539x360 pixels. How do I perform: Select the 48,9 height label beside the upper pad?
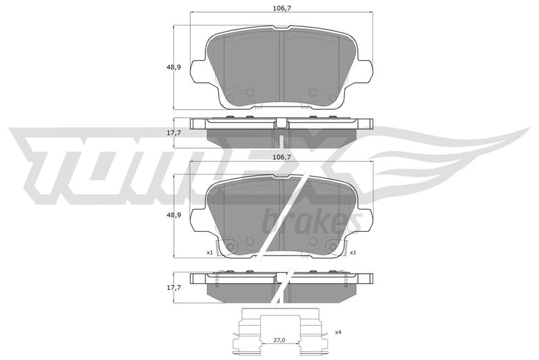(174, 67)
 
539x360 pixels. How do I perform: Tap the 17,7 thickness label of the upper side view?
(174, 132)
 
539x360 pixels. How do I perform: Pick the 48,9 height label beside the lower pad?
(174, 215)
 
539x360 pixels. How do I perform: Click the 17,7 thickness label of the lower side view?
(174, 287)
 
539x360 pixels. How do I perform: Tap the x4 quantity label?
(338, 332)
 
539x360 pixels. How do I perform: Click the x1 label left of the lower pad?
(210, 252)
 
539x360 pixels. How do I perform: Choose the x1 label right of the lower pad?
(352, 252)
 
